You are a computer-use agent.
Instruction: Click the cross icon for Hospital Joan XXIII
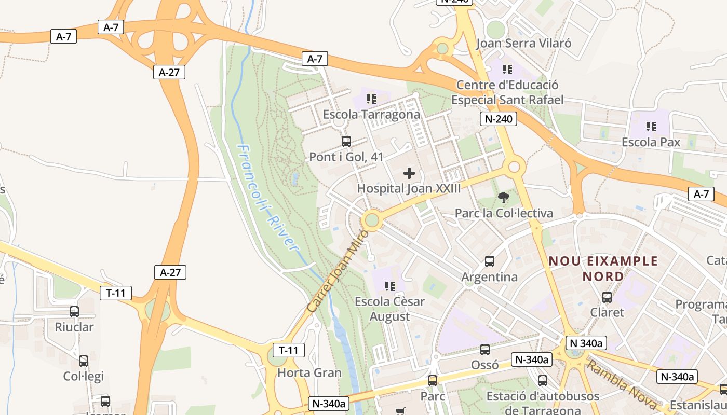[409, 173]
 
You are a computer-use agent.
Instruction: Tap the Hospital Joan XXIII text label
[409, 188]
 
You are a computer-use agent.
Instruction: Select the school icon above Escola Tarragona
[371, 99]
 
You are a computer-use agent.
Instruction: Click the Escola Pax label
[651, 142]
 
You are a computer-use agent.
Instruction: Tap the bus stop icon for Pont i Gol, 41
[346, 141]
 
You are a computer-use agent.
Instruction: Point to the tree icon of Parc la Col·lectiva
[503, 197]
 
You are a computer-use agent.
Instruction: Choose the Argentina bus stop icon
[489, 261]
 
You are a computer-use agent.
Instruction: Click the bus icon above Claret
[607, 297]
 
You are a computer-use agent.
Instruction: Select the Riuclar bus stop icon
[74, 312]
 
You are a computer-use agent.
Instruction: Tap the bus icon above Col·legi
[84, 361]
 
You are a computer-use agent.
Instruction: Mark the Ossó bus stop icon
[484, 350]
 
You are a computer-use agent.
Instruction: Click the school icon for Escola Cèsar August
[389, 286]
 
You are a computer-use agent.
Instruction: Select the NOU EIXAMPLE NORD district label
[603, 268]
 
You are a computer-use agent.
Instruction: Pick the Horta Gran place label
[309, 372]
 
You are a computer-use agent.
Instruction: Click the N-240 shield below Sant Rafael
[499, 119]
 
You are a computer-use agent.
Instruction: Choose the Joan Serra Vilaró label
[523, 43]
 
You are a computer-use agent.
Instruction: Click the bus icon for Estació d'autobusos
[543, 381]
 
